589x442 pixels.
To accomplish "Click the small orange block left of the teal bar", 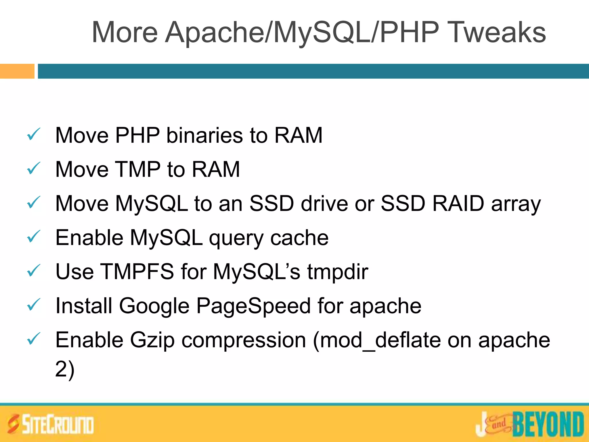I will [x=17, y=71].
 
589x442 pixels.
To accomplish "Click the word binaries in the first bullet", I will [x=204, y=135].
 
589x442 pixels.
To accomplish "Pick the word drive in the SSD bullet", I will [x=324, y=203].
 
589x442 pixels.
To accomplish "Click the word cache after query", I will [x=299, y=238].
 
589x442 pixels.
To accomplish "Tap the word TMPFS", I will [x=138, y=271].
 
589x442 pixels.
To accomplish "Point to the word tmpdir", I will [x=338, y=272].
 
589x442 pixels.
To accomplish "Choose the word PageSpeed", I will [x=253, y=306].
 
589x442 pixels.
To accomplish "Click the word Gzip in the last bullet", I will [x=152, y=340].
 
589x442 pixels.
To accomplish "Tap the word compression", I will [x=244, y=340].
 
